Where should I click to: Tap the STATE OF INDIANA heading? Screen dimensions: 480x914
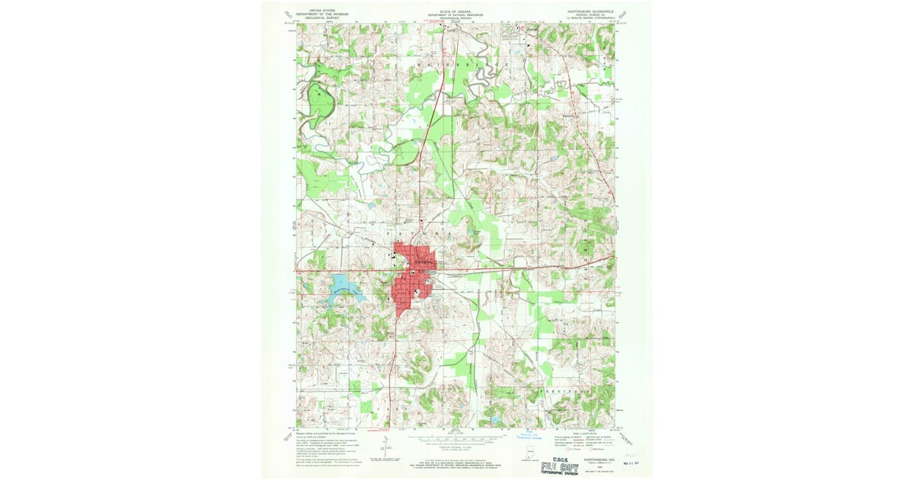[455, 12]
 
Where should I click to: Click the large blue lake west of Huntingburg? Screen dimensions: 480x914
[343, 286]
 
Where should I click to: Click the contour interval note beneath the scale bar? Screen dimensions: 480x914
[455, 448]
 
